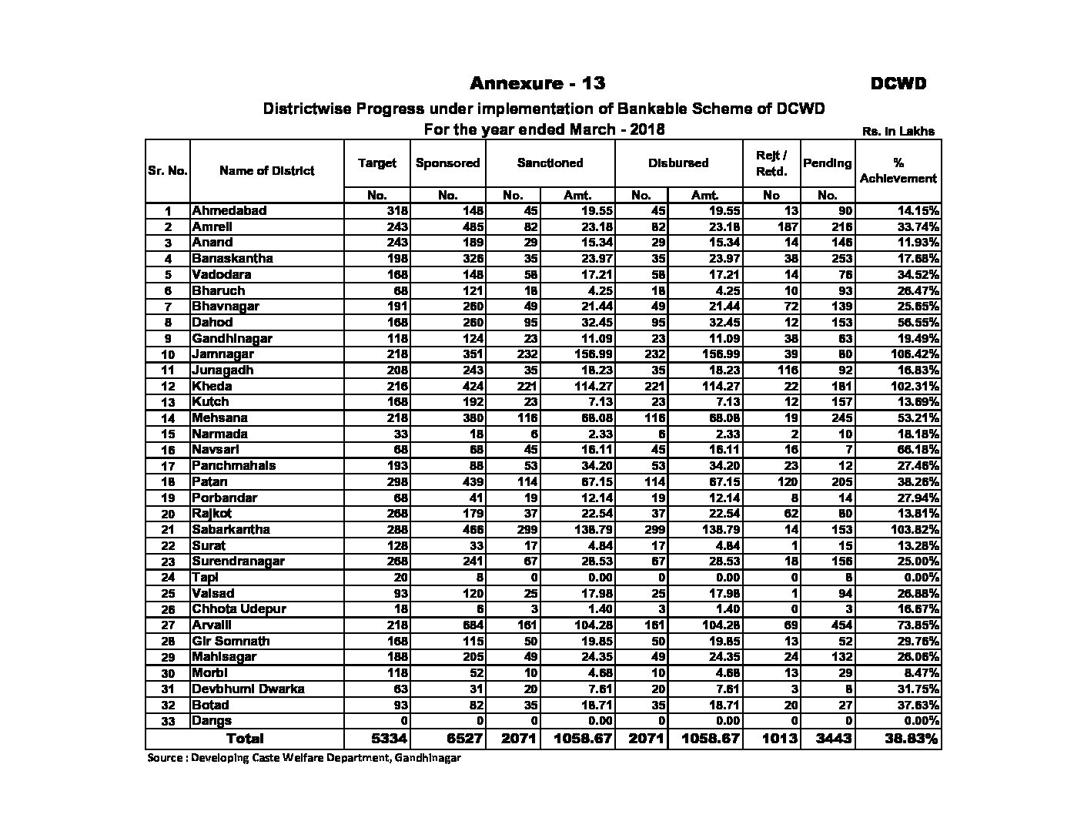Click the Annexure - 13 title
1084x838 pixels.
(537, 83)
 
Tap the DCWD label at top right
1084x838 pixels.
(898, 84)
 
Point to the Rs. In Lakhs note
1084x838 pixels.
(898, 132)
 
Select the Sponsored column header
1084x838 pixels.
(447, 163)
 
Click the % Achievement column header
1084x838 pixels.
(898, 170)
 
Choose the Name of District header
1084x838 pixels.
(266, 171)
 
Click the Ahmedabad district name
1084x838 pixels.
(229, 210)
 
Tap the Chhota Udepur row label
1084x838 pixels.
(239, 608)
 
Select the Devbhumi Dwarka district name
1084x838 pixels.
(248, 689)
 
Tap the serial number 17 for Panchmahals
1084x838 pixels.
(168, 466)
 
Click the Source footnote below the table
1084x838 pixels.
(304, 758)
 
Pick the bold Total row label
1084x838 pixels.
(244, 738)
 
